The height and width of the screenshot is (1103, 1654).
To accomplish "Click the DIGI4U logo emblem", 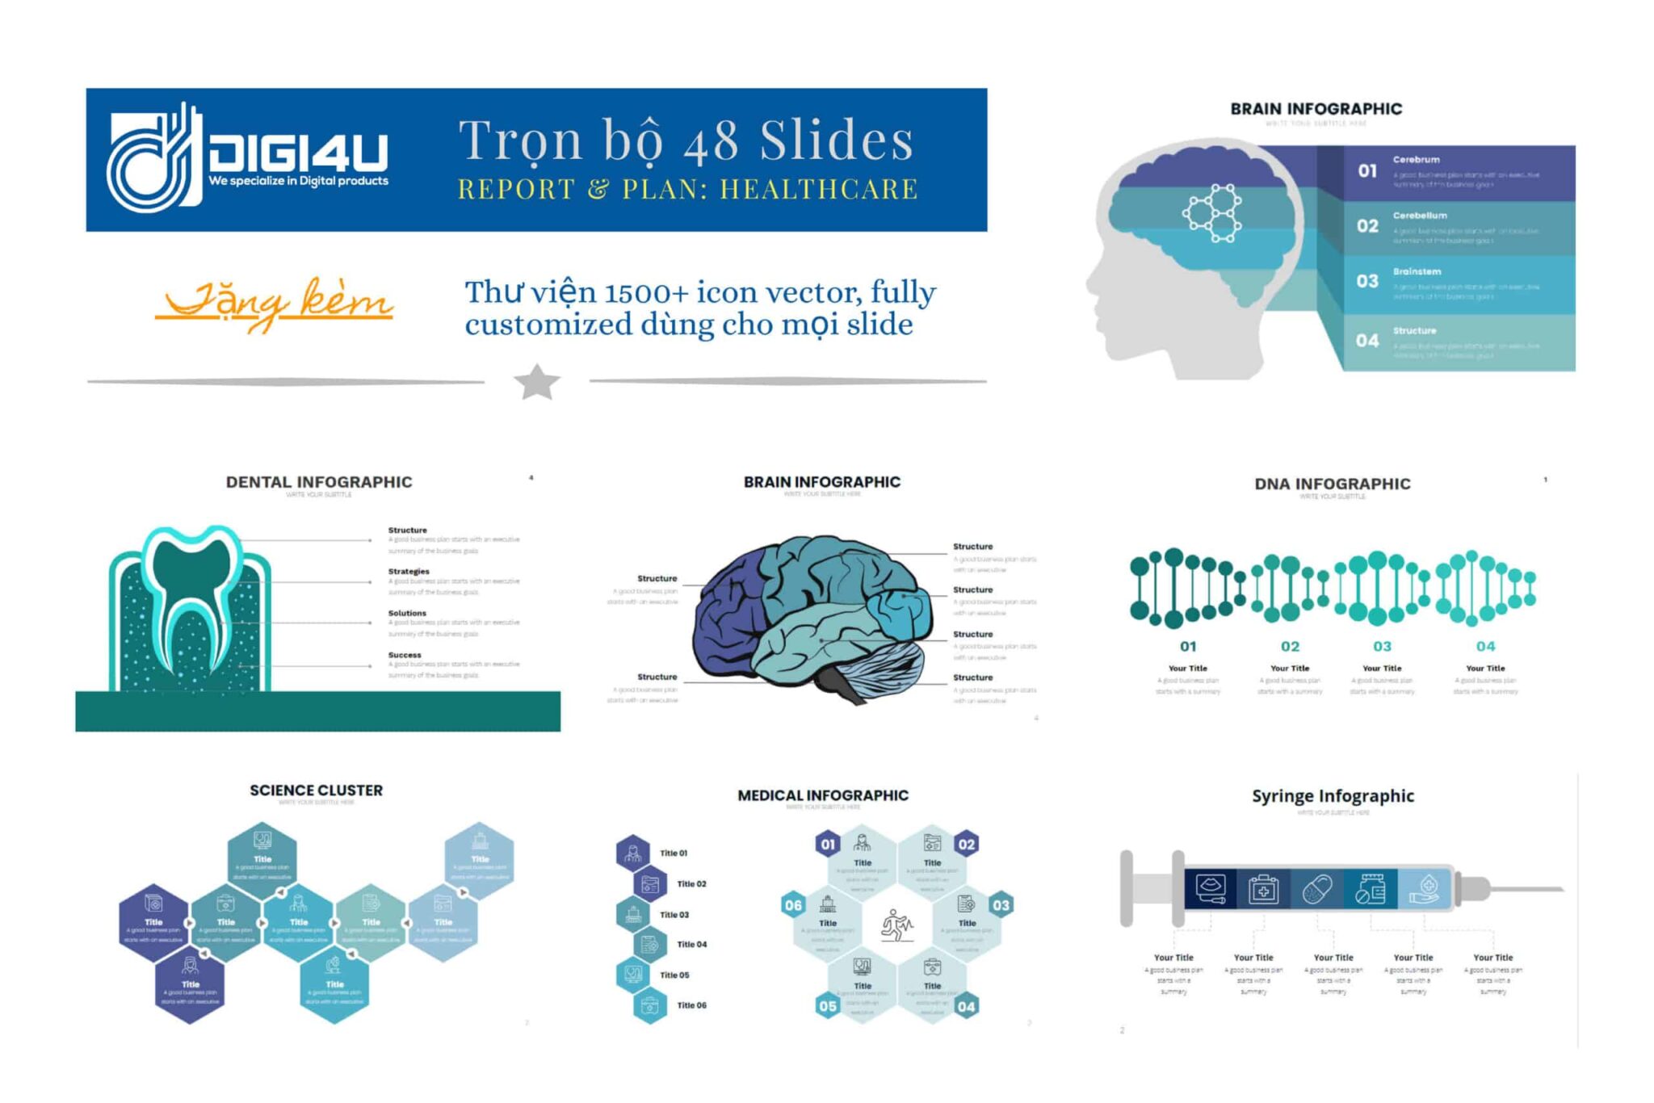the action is click(x=153, y=159).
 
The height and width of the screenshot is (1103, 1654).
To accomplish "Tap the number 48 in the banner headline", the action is click(x=711, y=141).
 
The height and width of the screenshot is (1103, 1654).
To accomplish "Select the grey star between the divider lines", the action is click(x=537, y=382).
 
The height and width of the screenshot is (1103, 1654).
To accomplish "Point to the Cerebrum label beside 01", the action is click(x=1416, y=160).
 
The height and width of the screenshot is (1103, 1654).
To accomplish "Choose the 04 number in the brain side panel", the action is click(x=1366, y=341).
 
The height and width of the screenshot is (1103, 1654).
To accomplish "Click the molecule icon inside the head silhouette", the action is click(x=1212, y=213).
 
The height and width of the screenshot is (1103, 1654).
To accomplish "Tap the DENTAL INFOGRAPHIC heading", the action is click(x=319, y=482).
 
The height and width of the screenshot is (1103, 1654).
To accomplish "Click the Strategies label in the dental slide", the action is click(x=409, y=572).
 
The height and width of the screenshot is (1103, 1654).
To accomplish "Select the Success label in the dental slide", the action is click(x=405, y=655).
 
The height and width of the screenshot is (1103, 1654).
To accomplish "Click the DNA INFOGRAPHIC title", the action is click(x=1333, y=484).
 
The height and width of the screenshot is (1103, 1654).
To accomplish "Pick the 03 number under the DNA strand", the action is click(x=1382, y=647).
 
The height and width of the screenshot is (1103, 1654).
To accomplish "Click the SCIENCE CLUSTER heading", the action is click(x=316, y=791).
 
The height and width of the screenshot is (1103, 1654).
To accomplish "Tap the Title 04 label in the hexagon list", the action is click(x=691, y=945).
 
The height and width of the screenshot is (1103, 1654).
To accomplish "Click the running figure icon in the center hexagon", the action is click(x=896, y=925).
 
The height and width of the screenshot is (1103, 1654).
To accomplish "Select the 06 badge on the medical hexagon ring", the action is click(x=793, y=905).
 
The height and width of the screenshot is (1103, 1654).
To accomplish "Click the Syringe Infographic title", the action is click(x=1333, y=796).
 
